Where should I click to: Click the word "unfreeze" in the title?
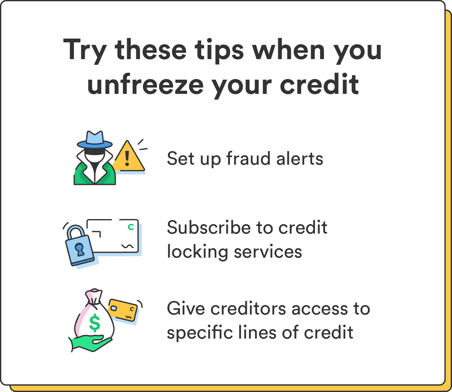[x=146, y=85]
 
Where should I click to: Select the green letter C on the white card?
[x=131, y=227]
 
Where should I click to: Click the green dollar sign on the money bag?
[x=95, y=323]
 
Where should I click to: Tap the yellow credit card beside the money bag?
[x=123, y=309]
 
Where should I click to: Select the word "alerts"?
[x=300, y=158]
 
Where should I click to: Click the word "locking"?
[x=197, y=252]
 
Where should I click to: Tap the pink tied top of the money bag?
[x=95, y=295]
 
